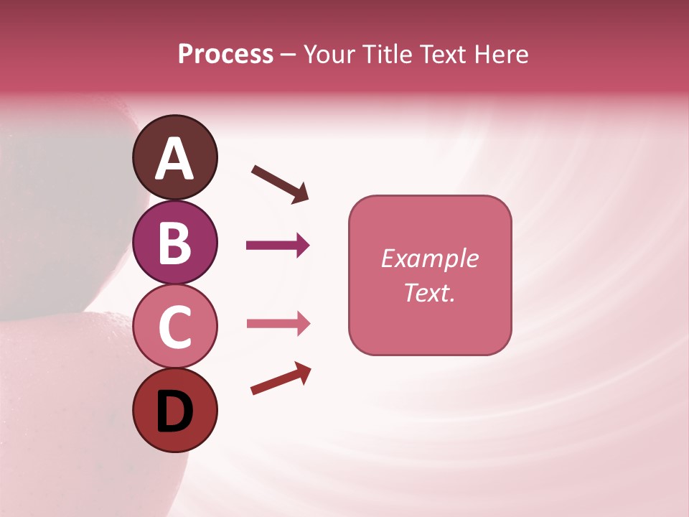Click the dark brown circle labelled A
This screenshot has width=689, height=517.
click(174, 157)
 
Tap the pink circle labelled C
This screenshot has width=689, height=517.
click(174, 326)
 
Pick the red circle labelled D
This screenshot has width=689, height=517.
click(174, 410)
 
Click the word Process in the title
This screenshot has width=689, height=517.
click(225, 54)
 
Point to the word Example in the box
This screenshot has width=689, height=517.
click(430, 258)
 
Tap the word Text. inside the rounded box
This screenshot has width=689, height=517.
click(430, 292)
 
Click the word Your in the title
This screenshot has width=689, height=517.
click(329, 55)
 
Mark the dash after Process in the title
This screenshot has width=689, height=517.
click(288, 55)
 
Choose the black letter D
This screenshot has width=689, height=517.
click(174, 413)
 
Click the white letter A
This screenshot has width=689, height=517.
click(174, 159)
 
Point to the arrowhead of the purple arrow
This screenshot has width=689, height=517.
click(302, 246)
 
